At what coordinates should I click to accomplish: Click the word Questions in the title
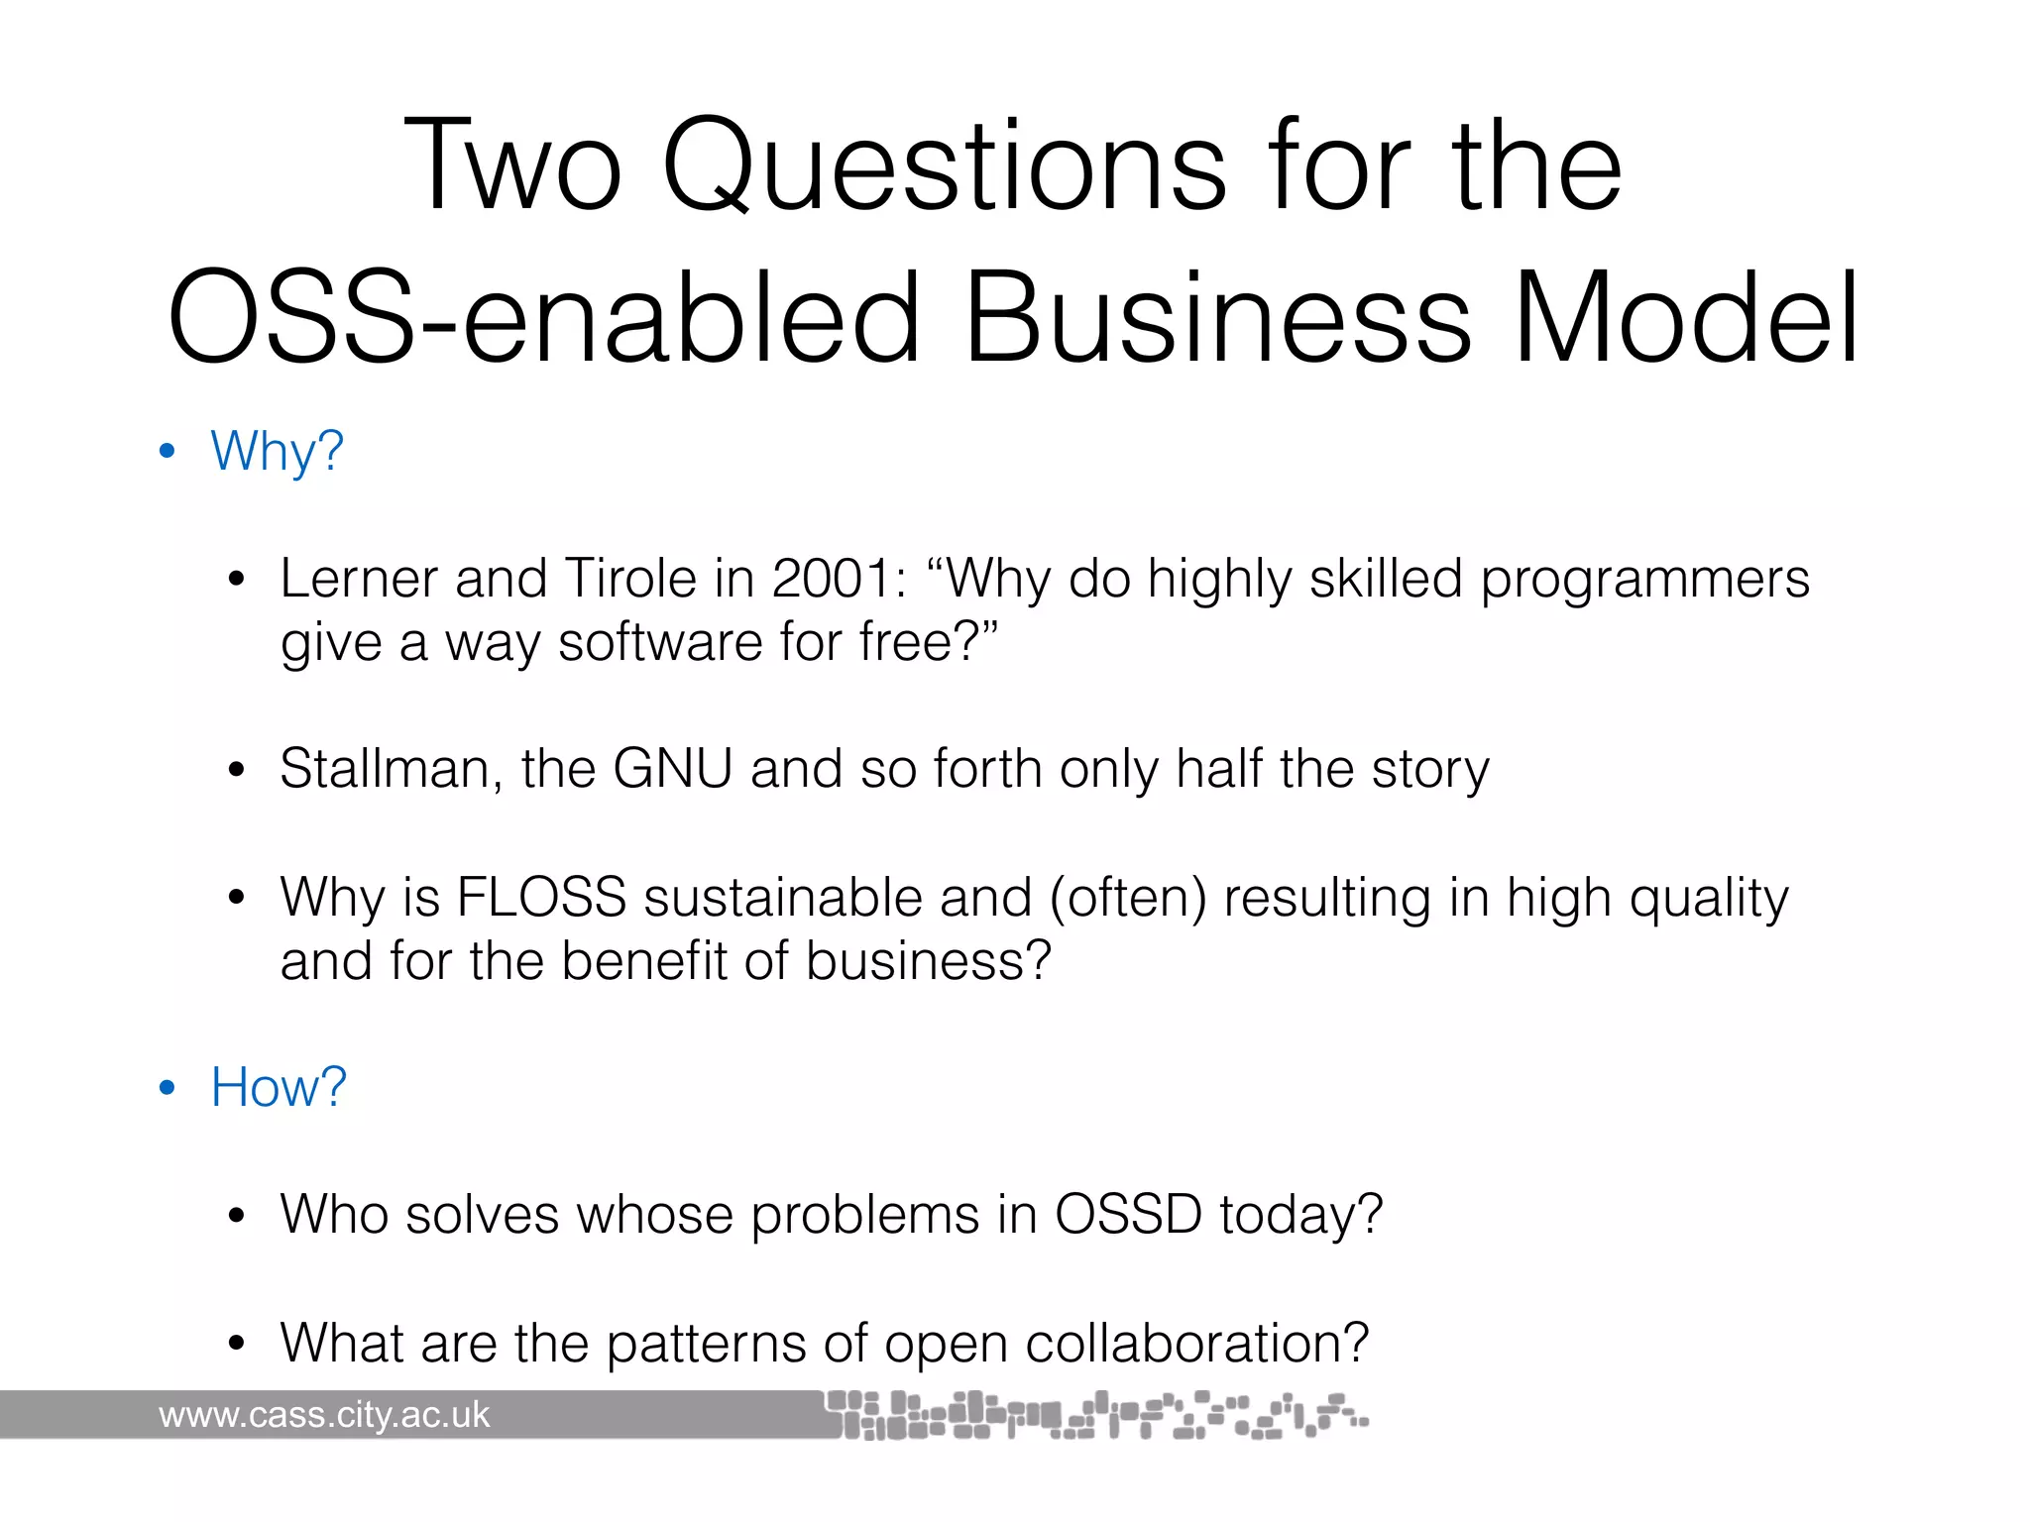[x=945, y=166]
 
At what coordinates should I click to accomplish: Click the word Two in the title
[x=512, y=166]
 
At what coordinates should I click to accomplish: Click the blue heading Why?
[x=277, y=452]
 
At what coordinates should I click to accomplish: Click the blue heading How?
[x=279, y=1088]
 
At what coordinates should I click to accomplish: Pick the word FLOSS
[x=541, y=898]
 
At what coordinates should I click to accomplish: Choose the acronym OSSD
[x=1128, y=1215]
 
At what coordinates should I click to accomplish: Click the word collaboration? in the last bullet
[x=1196, y=1344]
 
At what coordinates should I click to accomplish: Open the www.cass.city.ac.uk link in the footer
[x=324, y=1415]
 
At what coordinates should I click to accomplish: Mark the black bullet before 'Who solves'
[x=236, y=1217]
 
